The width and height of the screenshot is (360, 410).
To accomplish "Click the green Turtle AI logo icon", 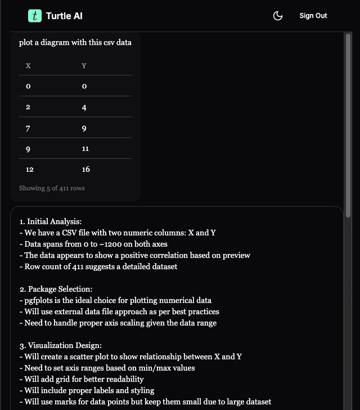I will coord(35,16).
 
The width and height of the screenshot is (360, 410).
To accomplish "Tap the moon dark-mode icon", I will coord(277,16).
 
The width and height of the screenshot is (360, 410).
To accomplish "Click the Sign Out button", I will coord(313,16).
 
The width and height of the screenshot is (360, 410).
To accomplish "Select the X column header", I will coord(28,66).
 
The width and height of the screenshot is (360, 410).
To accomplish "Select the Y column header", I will coord(84,66).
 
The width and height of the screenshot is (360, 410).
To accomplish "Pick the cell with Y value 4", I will coord(84,107).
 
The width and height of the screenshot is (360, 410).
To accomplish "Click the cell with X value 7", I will coord(28,128).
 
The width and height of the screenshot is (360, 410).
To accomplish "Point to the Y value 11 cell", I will coord(85,149).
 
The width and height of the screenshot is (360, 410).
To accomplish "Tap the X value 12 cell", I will coord(30,169).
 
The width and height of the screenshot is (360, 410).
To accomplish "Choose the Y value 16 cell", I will coord(85,169).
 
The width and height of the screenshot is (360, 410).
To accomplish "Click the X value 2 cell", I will coord(28,107).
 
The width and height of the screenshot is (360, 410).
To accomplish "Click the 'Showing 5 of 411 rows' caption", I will coord(52,188).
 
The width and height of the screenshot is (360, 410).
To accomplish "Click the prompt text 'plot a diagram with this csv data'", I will coord(75,42).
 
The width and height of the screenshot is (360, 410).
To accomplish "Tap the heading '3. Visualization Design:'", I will coord(60,345).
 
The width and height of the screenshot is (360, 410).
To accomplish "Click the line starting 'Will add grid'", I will coord(84,379).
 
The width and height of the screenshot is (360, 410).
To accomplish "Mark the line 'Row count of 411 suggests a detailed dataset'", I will coord(101,266).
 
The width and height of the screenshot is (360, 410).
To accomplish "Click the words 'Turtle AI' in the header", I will coord(64,16).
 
